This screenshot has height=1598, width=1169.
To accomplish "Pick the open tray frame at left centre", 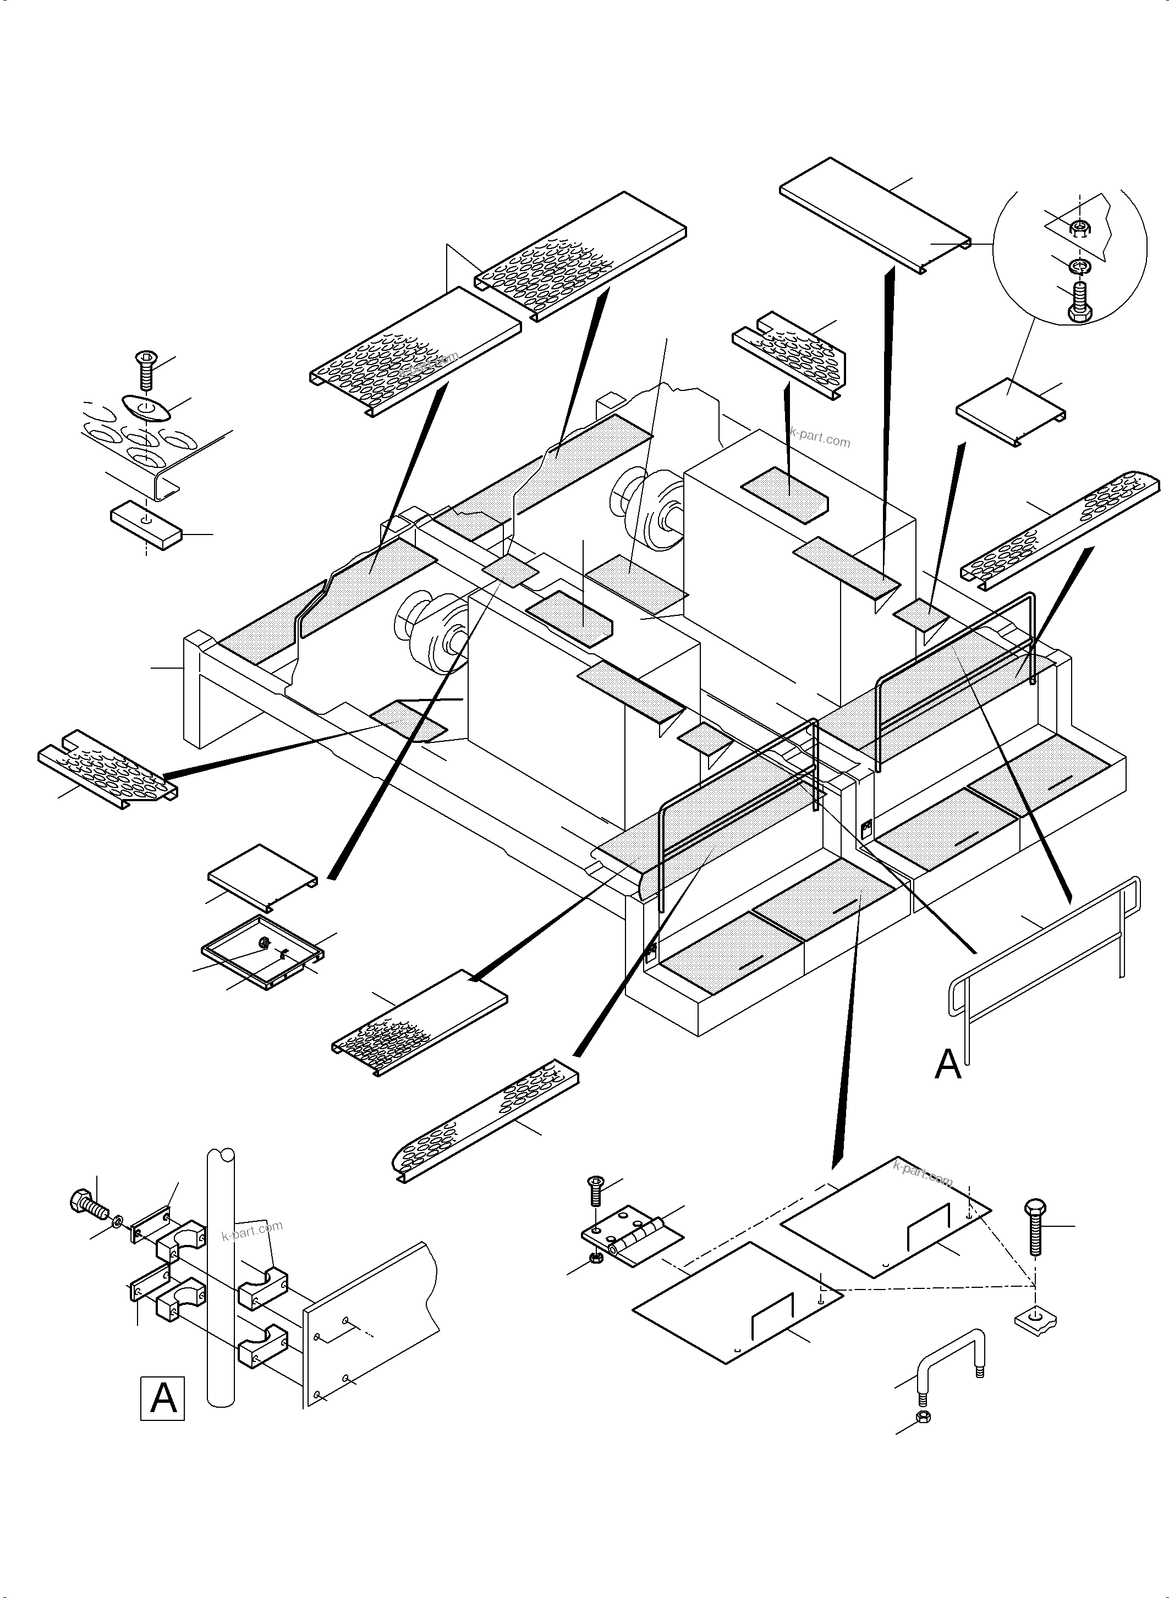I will point(262,951).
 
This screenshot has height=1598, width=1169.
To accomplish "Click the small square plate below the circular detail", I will point(1010,411).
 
